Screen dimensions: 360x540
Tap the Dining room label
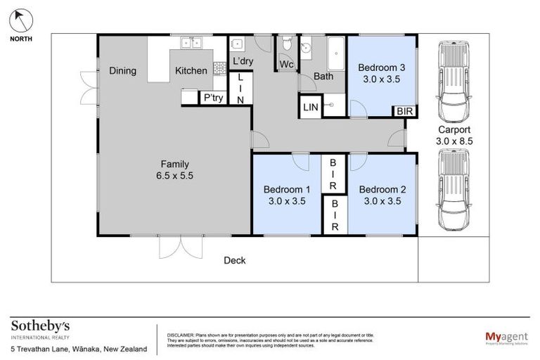point(122,70)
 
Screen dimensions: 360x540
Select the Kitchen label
point(191,70)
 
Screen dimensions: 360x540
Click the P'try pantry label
point(213,98)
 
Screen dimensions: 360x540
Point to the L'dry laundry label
point(243,61)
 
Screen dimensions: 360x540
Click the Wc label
point(286,65)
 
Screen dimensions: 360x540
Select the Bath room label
point(323,76)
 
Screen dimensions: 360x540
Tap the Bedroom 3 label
point(382,67)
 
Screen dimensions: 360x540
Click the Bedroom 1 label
point(287,189)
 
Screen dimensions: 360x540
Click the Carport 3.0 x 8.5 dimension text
point(454,141)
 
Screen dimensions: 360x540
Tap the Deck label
point(234,260)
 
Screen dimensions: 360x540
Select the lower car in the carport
point(453,192)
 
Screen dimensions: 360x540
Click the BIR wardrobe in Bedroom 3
point(404,111)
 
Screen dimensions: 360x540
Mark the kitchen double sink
point(190,43)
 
